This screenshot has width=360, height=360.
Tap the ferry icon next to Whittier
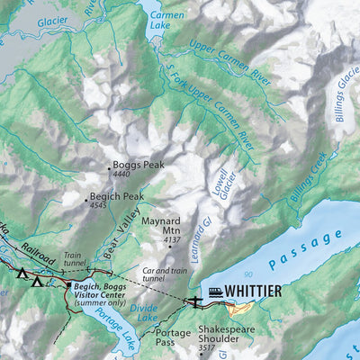tap(216, 291)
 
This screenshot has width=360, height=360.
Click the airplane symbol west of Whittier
tap(193, 301)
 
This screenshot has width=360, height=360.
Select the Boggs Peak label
tap(138, 166)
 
